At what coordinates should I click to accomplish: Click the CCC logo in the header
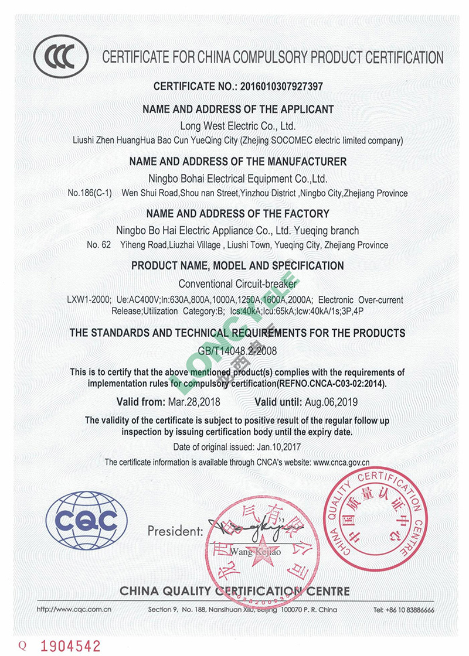click(61, 57)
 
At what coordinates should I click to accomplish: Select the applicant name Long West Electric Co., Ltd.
click(237, 126)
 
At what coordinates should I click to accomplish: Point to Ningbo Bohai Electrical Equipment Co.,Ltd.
click(237, 178)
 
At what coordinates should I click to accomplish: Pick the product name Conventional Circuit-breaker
click(237, 283)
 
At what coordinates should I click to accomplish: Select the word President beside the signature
click(175, 531)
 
